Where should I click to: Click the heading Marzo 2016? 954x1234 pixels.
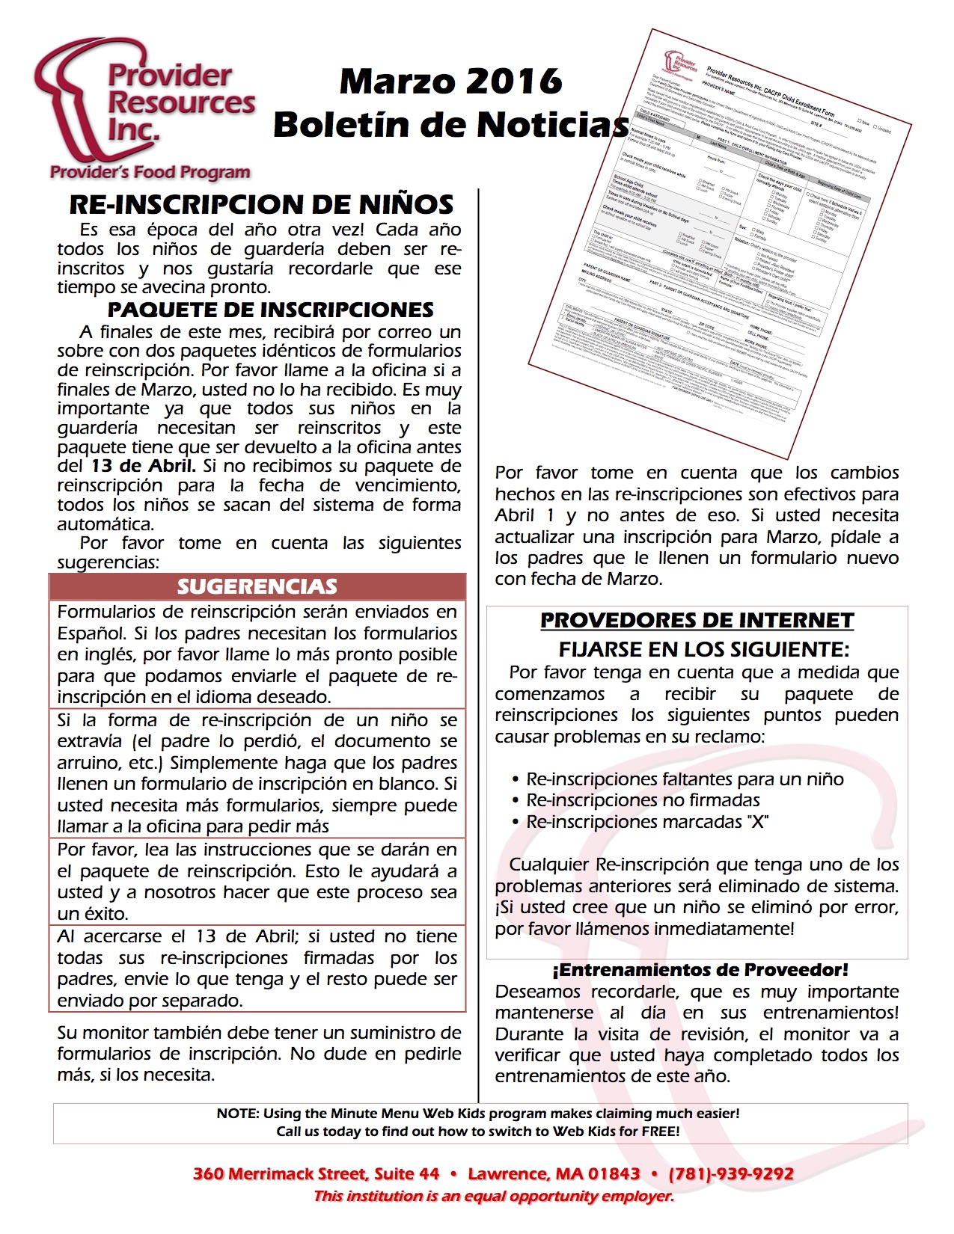450,81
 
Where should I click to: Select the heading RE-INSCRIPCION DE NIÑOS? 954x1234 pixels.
261,204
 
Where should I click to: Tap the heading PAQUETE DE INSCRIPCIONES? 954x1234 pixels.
270,310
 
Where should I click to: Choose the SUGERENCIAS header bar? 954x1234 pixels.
257,586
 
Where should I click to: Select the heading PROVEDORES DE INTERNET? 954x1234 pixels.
697,621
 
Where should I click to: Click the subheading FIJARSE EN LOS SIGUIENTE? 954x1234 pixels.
703,648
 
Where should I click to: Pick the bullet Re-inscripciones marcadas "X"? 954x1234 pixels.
647,822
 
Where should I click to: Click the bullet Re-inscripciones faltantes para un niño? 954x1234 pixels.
685,779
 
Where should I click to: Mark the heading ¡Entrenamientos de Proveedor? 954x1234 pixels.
700,970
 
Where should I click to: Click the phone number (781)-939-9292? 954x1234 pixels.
731,1174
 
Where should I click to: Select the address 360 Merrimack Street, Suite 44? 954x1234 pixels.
316,1174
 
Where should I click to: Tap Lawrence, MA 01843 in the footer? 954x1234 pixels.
554,1174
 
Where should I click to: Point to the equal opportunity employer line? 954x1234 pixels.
493,1197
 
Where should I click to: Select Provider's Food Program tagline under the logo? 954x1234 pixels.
150,173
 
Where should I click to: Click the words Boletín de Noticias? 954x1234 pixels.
450,125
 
